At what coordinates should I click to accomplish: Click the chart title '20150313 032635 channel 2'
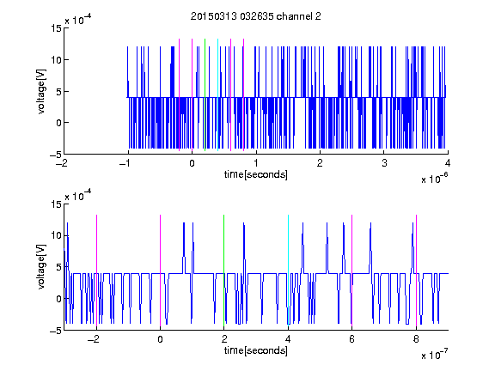pyautogui.click(x=256, y=16)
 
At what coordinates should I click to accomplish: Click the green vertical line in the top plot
pyautogui.click(x=205, y=95)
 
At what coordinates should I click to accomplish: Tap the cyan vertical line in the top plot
pyautogui.click(x=217, y=95)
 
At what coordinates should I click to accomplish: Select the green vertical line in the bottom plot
pyautogui.click(x=223, y=271)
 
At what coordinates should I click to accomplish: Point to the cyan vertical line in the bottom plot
pyautogui.click(x=288, y=271)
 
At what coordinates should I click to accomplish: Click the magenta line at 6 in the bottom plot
pyautogui.click(x=352, y=271)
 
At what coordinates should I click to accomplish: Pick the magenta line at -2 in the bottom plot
pyautogui.click(x=96, y=271)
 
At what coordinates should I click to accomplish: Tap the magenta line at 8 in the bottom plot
pyautogui.click(x=417, y=271)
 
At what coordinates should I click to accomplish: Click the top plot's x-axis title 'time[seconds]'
pyautogui.click(x=256, y=174)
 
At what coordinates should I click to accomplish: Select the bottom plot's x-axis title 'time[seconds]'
pyautogui.click(x=256, y=350)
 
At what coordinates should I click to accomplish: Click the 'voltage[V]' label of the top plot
pyautogui.click(x=41, y=92)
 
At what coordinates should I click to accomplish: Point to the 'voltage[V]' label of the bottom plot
pyautogui.click(x=41, y=267)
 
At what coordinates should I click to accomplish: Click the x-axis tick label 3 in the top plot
pyautogui.click(x=384, y=163)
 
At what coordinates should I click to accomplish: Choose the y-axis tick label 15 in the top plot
pyautogui.click(x=57, y=28)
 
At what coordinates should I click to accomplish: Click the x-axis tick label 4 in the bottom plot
pyautogui.click(x=288, y=339)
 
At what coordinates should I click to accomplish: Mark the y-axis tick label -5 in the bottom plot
pyautogui.click(x=56, y=331)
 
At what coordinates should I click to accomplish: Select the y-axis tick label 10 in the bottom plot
pyautogui.click(x=57, y=235)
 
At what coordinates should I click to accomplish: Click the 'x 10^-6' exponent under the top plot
pyautogui.click(x=434, y=179)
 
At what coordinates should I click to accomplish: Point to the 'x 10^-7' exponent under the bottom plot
pyautogui.click(x=434, y=355)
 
